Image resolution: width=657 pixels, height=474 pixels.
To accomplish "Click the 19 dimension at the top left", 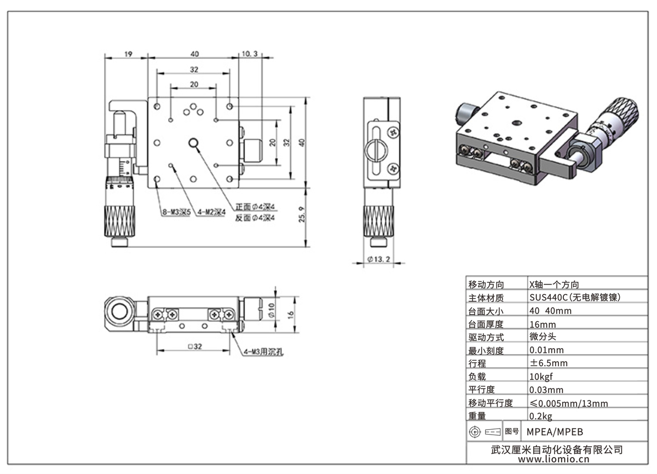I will pyautogui.click(x=128, y=54).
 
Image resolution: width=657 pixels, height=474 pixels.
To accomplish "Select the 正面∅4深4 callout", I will pyautogui.click(x=254, y=207).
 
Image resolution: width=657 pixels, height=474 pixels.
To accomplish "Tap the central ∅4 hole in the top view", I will pyautogui.click(x=194, y=143).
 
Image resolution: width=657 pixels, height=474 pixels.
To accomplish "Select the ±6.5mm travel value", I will pyautogui.click(x=548, y=363).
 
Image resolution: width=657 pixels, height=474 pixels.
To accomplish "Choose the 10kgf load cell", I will pyautogui.click(x=543, y=377).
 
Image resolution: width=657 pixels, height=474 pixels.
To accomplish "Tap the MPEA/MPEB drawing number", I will pyautogui.click(x=551, y=431).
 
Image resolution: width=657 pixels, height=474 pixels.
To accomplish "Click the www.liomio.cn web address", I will pyautogui.click(x=556, y=460).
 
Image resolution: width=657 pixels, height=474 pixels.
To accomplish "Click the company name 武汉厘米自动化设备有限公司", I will pyautogui.click(x=556, y=449).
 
